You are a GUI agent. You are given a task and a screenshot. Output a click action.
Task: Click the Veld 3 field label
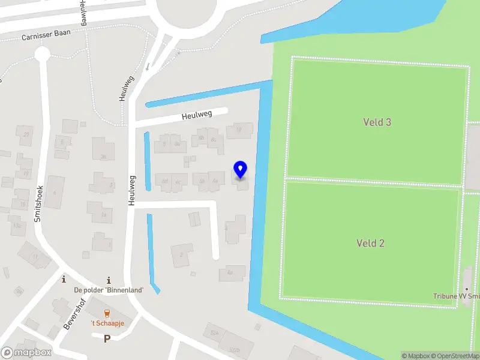pos(377,122)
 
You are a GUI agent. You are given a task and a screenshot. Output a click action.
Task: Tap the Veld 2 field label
pos(370,243)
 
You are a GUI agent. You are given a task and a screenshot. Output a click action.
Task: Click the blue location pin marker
pos(240,169)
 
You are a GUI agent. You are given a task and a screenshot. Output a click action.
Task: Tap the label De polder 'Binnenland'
pos(109,290)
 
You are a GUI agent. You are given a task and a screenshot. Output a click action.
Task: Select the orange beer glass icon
pos(107,313)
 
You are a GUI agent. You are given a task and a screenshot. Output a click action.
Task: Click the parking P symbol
pos(107,339)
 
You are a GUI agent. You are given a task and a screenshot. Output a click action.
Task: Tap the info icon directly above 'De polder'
pos(109,280)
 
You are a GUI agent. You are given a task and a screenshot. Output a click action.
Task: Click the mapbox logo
pos(26,353)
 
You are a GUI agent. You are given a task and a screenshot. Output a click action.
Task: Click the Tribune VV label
pos(456,296)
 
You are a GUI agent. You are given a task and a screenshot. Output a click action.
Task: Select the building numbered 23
pos(25,134)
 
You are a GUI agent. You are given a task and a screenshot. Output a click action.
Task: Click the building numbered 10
pos(239,130)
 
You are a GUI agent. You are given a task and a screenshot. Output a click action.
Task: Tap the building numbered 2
pos(182,254)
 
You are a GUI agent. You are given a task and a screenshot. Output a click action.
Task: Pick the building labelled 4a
pos(230,272)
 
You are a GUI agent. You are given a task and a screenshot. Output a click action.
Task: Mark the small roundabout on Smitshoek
pos(42,54)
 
